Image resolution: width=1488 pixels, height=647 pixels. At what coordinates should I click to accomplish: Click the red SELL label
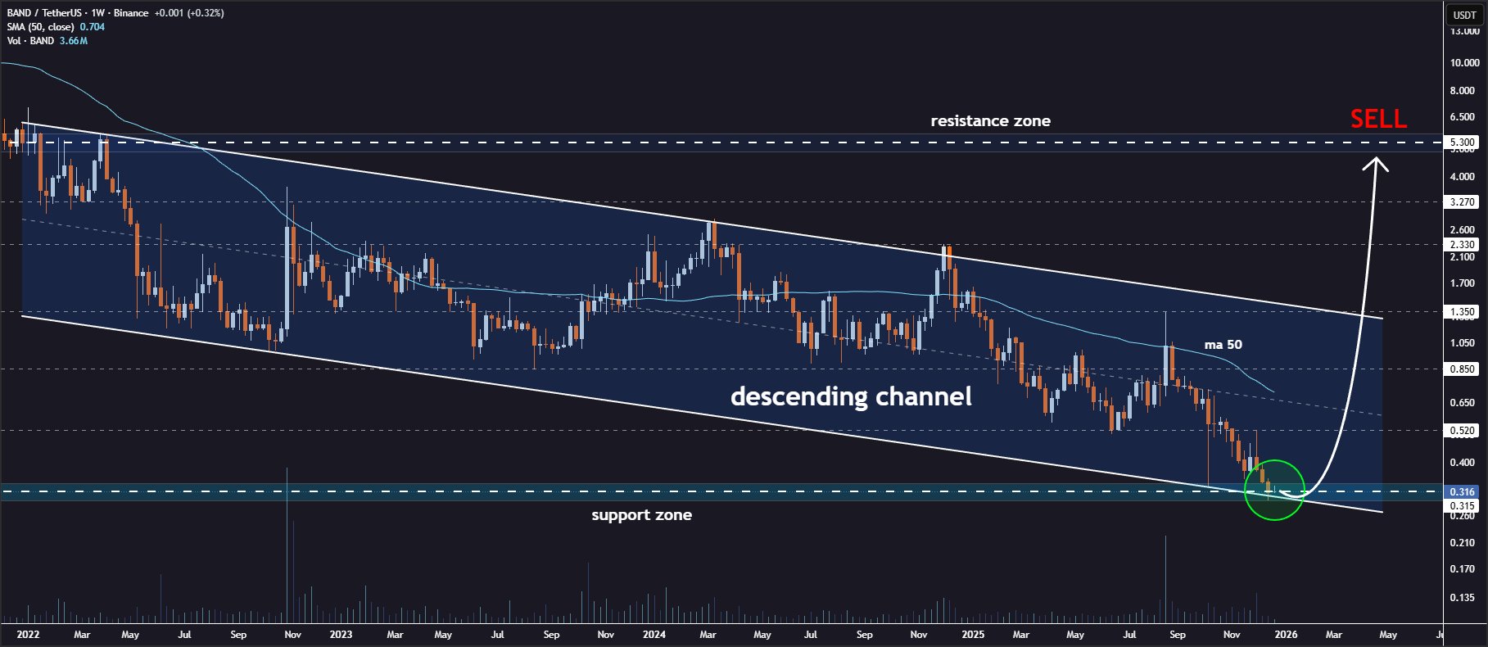point(1378,120)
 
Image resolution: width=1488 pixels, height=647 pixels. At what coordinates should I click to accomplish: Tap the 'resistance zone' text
point(990,121)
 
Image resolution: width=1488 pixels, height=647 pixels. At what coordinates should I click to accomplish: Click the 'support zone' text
point(641,515)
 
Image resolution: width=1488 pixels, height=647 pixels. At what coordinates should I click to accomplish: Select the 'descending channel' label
point(851,396)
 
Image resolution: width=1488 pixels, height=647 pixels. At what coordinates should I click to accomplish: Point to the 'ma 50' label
point(1223,345)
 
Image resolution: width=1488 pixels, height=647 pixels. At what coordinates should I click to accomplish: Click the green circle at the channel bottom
point(1273,490)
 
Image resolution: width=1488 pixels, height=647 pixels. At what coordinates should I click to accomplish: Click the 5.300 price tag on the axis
point(1462,143)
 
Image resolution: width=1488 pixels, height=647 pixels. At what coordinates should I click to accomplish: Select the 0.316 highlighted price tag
point(1462,492)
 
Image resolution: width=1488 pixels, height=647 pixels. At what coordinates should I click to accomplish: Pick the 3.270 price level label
point(1462,201)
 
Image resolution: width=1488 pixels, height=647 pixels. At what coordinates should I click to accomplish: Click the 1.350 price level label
point(1462,312)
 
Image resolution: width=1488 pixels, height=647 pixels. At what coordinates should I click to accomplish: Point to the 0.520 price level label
point(1462,431)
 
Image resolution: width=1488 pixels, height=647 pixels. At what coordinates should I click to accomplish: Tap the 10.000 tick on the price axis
point(1464,63)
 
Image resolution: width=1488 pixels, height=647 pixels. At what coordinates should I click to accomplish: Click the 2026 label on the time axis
point(1286,635)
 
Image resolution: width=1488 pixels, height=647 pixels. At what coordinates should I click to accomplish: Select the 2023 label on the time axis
point(341,635)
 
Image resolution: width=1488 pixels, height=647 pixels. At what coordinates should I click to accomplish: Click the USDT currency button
point(1464,15)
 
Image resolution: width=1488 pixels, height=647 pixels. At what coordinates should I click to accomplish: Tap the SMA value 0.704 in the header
point(92,27)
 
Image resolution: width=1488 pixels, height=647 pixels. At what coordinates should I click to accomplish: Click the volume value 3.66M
point(73,41)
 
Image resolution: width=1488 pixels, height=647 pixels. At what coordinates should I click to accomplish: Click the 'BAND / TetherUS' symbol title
point(44,13)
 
